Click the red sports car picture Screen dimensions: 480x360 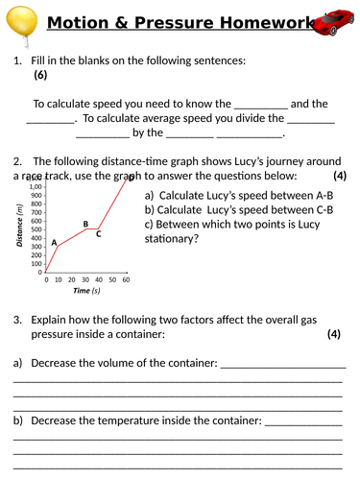(334, 21)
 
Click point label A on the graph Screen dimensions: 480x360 (54, 242)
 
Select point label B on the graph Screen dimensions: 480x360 (85, 225)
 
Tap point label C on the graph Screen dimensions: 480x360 (99, 234)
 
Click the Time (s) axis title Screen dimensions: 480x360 (86, 291)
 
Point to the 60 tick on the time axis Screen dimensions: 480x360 (126, 279)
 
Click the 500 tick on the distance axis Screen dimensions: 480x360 (36, 228)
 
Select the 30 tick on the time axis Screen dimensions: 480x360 (86, 279)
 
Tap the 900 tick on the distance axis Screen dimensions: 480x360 (36, 195)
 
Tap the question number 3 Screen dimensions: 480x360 (17, 319)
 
